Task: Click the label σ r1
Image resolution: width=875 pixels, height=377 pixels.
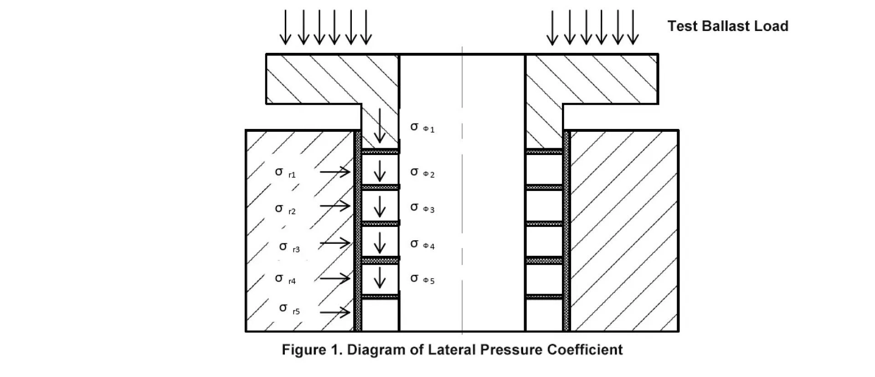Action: pyautogui.click(x=285, y=172)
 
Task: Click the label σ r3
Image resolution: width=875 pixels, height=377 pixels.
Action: pyautogui.click(x=289, y=247)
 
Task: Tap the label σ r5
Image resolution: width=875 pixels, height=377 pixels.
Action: pyautogui.click(x=289, y=309)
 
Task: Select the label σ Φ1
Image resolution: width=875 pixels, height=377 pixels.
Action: pyautogui.click(x=422, y=127)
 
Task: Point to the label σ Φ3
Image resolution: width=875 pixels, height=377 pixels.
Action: pyautogui.click(x=422, y=208)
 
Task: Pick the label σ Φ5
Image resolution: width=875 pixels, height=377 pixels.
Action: pyautogui.click(x=422, y=279)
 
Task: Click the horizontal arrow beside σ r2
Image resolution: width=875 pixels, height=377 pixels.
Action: pyautogui.click(x=335, y=206)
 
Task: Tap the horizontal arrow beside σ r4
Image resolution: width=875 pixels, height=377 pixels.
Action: pyautogui.click(x=335, y=278)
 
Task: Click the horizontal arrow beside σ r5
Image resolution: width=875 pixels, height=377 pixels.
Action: pyautogui.click(x=335, y=312)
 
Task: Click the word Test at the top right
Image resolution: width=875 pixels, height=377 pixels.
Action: pyautogui.click(x=682, y=26)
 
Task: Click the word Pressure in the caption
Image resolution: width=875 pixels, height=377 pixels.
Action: pyautogui.click(x=510, y=350)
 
